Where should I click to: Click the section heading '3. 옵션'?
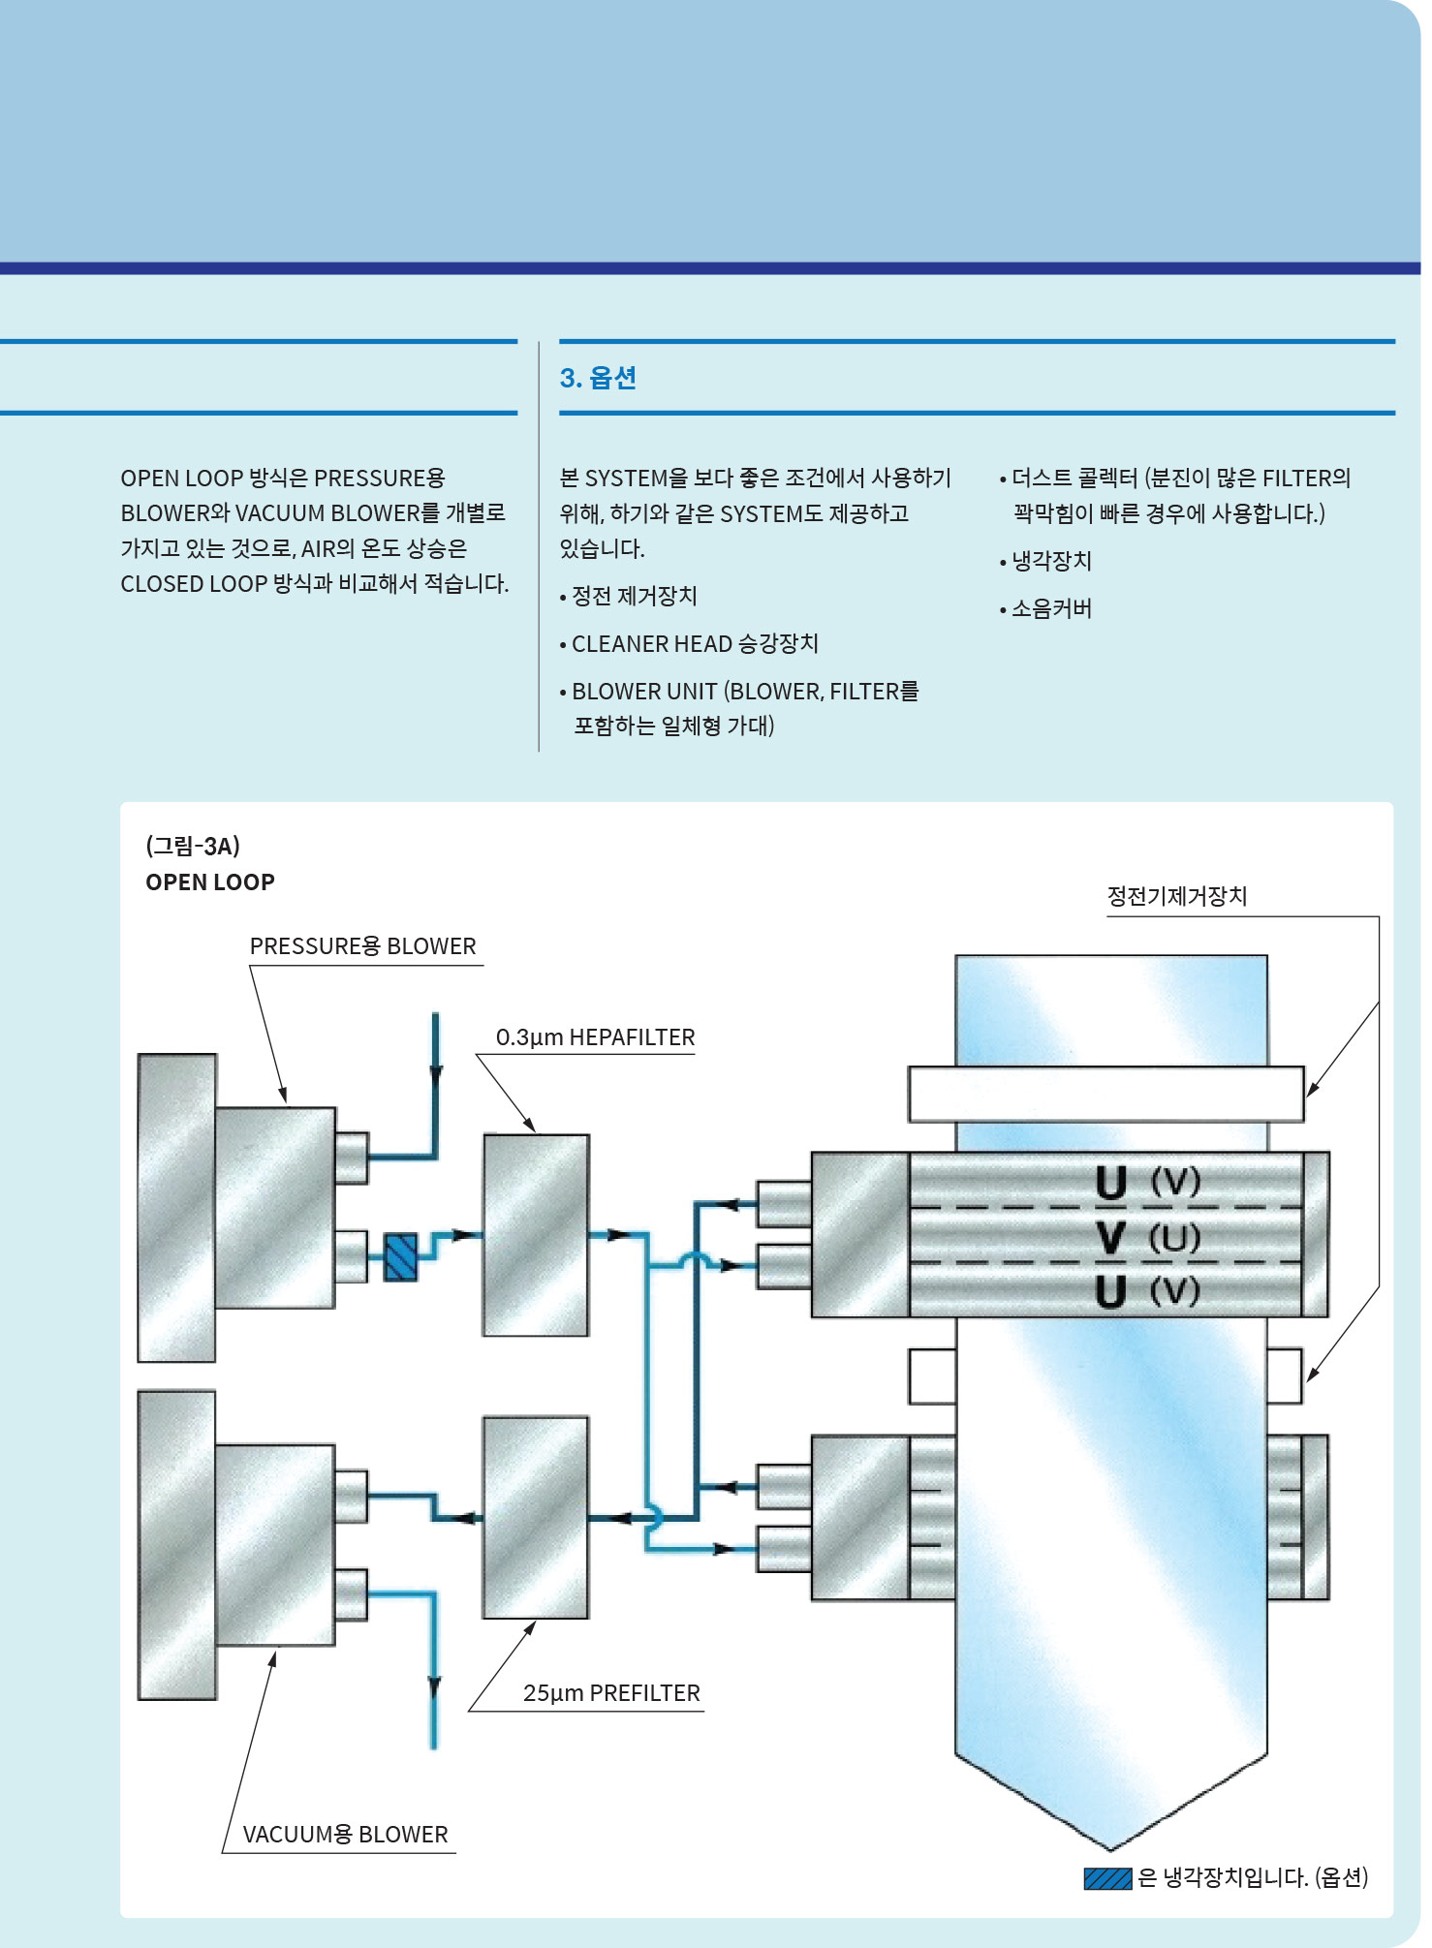click(x=598, y=378)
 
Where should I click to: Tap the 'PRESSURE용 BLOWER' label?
click(x=362, y=946)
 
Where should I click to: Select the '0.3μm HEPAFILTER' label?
click(x=595, y=1037)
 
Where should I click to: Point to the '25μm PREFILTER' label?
click(x=610, y=1693)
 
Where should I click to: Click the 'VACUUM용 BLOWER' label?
click(x=345, y=1835)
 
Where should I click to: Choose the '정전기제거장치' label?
click(x=1176, y=896)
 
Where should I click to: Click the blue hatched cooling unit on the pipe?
click(x=400, y=1256)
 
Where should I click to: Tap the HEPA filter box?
click(x=536, y=1235)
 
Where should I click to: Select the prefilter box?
click(x=536, y=1517)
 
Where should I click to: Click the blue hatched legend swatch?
click(x=1107, y=1878)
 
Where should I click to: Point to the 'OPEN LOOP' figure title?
click(x=210, y=882)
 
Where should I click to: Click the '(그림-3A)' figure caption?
click(x=193, y=846)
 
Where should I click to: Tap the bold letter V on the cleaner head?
click(x=1111, y=1237)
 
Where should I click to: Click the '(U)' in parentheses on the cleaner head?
click(x=1174, y=1237)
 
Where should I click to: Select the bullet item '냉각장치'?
click(x=1051, y=561)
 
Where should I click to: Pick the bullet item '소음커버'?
click(x=1051, y=608)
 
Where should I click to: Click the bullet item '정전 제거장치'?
click(x=634, y=596)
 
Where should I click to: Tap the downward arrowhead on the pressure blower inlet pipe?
click(x=436, y=1073)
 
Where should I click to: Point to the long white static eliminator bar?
click(x=1105, y=1094)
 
